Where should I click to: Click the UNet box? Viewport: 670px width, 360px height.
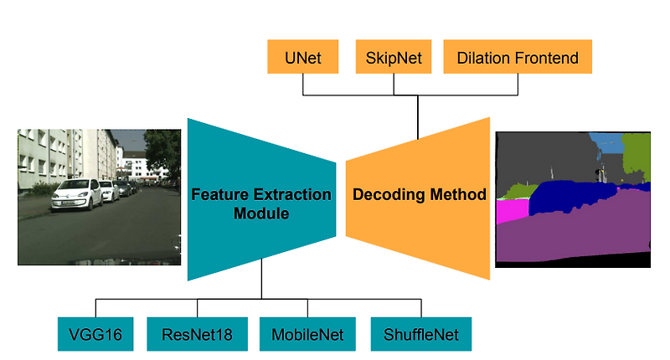pyautogui.click(x=302, y=59)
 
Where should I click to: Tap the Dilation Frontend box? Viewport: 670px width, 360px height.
pyautogui.click(x=517, y=59)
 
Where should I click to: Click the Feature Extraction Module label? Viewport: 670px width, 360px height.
pyautogui.click(x=261, y=203)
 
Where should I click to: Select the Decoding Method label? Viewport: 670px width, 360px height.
pyautogui.click(x=420, y=195)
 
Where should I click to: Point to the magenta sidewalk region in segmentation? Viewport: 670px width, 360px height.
pyautogui.click(x=512, y=211)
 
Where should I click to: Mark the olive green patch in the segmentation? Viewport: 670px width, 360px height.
pyautogui.click(x=637, y=151)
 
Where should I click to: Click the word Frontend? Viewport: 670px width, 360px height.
pyautogui.click(x=547, y=59)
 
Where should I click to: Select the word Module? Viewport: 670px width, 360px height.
pyautogui.click(x=261, y=213)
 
